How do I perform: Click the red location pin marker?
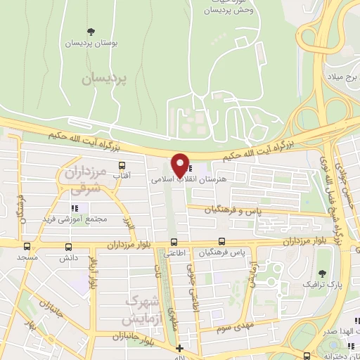click(180, 166)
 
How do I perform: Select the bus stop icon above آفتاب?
click(122, 166)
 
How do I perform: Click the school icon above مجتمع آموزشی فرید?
click(75, 207)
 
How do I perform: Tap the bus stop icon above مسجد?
click(27, 247)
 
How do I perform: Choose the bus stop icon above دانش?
click(68, 247)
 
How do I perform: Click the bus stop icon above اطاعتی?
click(173, 244)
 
